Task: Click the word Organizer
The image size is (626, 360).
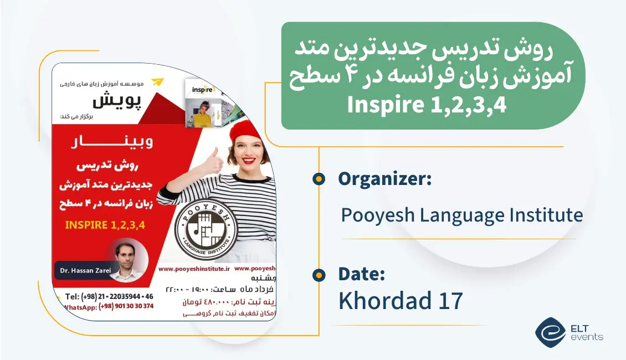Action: tap(384, 179)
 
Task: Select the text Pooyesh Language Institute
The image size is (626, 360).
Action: tap(461, 215)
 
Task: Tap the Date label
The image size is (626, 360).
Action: tap(361, 274)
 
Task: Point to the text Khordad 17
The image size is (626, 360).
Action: tap(401, 300)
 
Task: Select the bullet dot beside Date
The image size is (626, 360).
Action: tap(319, 274)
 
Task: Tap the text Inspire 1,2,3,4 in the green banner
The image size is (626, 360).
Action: tap(427, 105)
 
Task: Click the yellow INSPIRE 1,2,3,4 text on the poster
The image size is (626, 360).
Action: tap(109, 225)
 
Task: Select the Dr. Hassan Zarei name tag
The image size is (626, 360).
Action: tap(83, 270)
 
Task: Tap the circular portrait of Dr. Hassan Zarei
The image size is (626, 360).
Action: tap(129, 258)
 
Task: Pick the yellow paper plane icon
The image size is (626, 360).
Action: tap(158, 82)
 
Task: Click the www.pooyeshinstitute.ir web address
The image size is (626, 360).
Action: tap(194, 268)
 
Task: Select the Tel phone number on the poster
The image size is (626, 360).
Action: tap(109, 296)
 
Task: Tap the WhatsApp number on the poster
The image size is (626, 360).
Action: tap(109, 306)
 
